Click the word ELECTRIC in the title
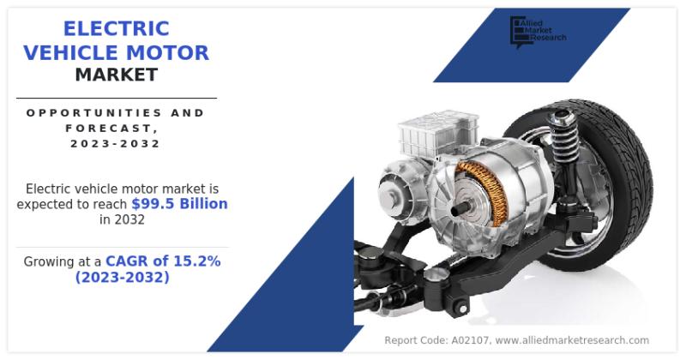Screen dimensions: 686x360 (117, 29)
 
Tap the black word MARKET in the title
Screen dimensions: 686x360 (117, 75)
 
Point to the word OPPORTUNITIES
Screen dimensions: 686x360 (89, 113)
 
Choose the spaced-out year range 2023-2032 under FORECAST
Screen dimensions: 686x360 (116, 143)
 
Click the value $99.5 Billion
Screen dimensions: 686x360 (180, 204)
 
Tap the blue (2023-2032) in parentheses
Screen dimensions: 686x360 (122, 277)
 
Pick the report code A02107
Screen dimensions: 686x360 (469, 340)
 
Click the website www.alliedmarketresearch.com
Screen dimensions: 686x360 (572, 340)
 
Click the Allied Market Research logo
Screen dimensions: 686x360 (538, 32)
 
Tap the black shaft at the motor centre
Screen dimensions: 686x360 (460, 210)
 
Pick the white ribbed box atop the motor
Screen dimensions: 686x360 (436, 130)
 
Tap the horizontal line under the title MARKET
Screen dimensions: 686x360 (117, 99)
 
